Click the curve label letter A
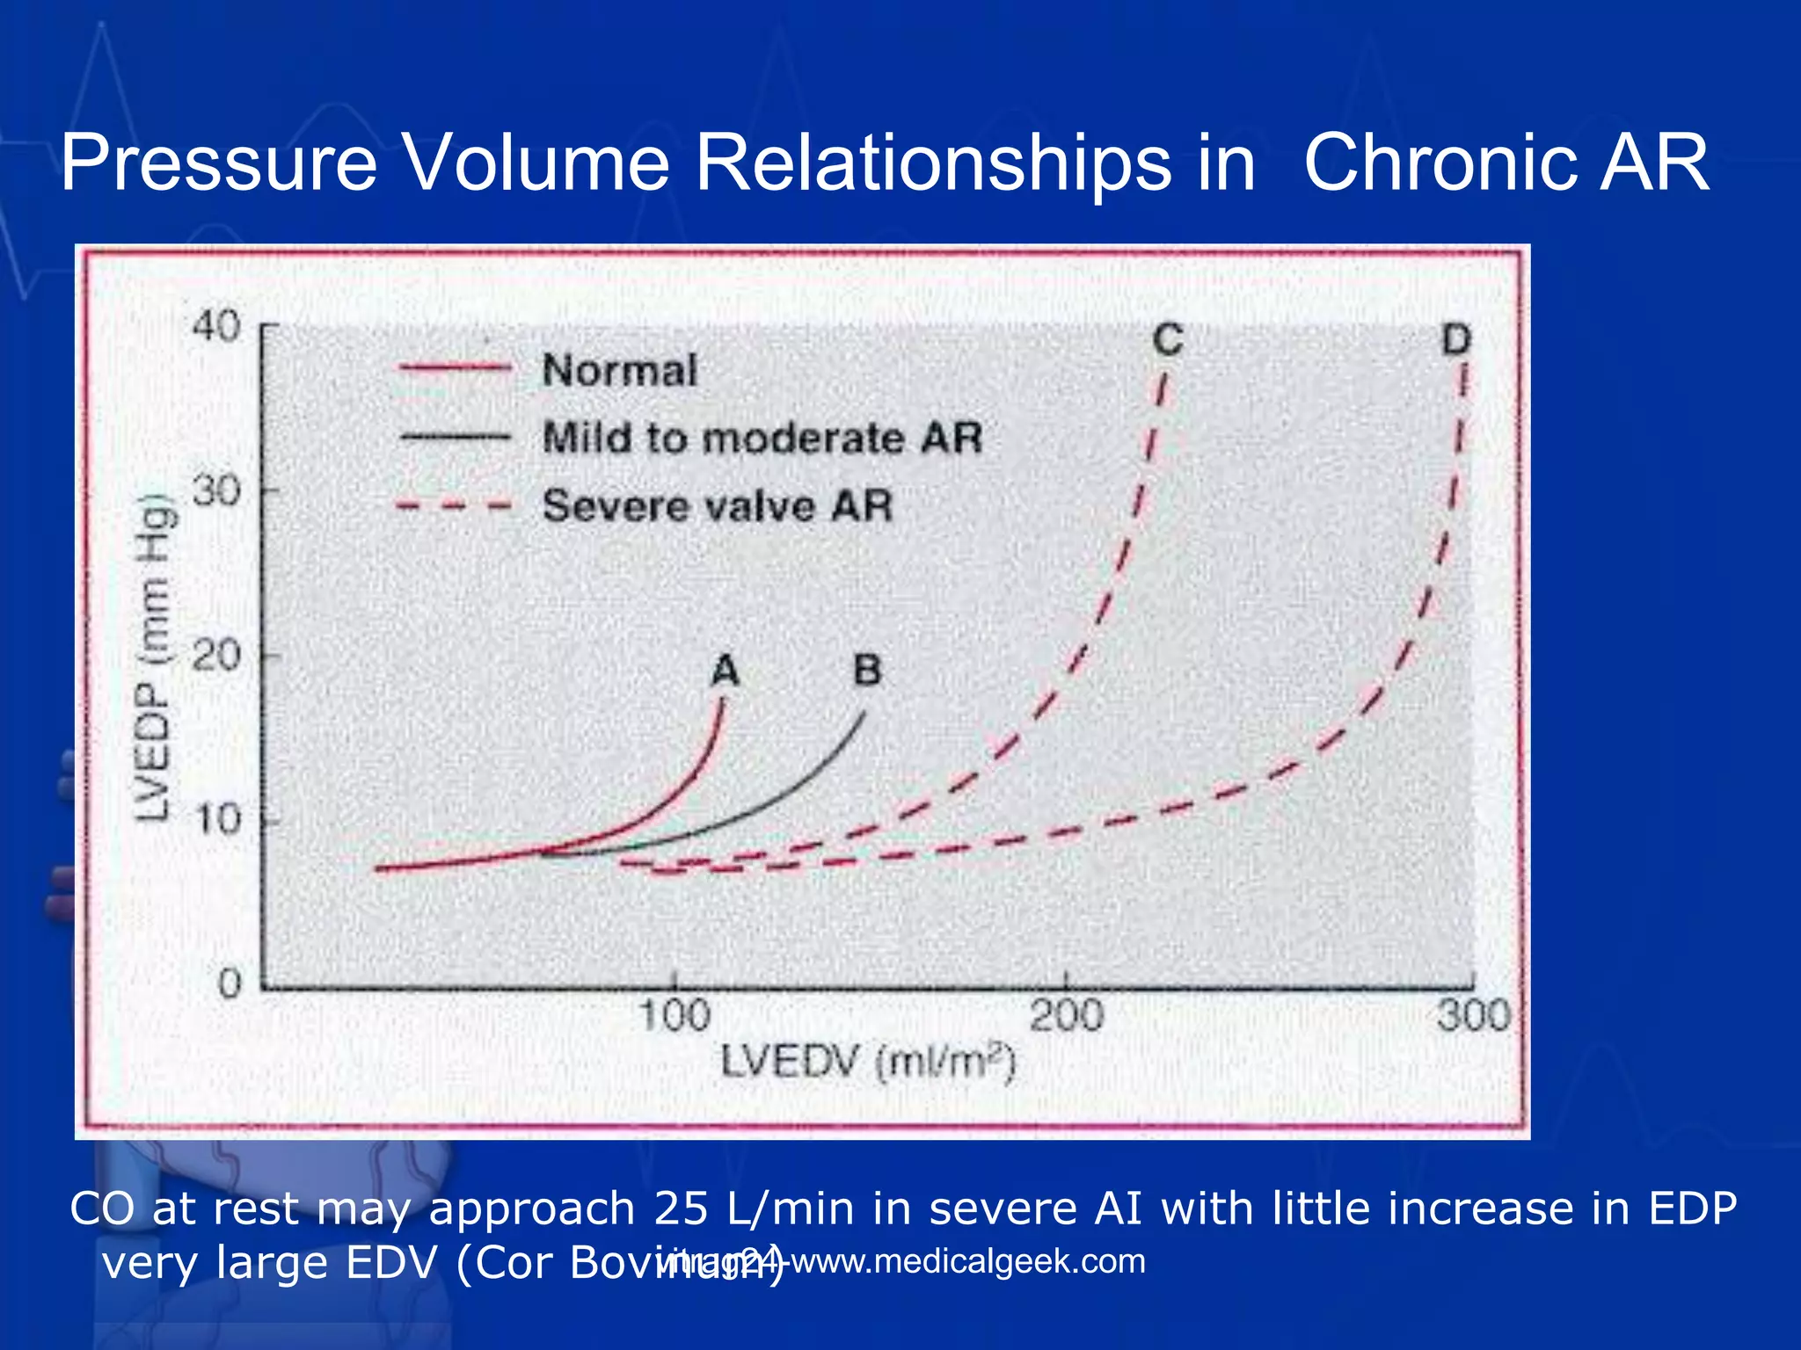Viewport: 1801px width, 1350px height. click(725, 671)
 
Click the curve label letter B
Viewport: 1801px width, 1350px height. click(867, 670)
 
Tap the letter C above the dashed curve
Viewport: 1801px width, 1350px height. click(1168, 340)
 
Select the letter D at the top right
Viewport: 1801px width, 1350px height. click(1456, 339)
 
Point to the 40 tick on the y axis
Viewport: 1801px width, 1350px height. click(216, 326)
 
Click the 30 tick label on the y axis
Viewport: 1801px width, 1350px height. click(216, 490)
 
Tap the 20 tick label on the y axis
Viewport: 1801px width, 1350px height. click(216, 656)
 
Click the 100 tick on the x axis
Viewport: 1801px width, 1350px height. click(674, 1016)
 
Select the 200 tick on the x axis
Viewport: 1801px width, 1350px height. click(1066, 1016)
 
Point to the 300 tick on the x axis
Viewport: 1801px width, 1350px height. click(1473, 1016)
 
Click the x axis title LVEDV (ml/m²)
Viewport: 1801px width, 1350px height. click(868, 1063)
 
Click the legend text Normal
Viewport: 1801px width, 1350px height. click(619, 370)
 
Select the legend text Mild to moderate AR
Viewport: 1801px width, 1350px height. click(762, 437)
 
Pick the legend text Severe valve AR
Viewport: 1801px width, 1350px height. click(717, 505)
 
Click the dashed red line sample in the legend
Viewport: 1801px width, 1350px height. click(454, 506)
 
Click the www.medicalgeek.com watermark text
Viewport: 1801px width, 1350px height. click(967, 1261)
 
